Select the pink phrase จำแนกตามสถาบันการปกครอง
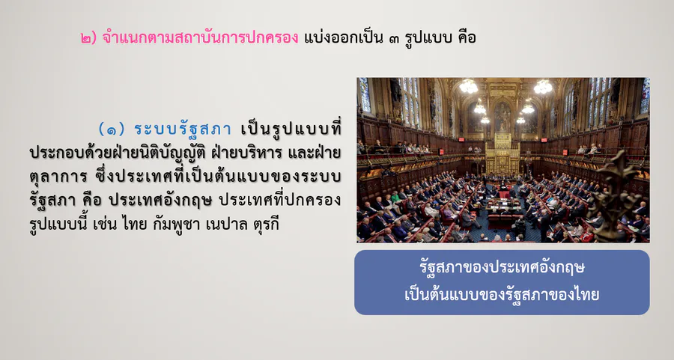pos(200,37)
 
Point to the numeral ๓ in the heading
pos(394,39)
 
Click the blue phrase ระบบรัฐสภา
pos(183,129)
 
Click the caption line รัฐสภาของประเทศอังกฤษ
pos(502,268)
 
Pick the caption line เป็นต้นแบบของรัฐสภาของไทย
pos(502,295)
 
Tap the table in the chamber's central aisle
pos(503,207)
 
